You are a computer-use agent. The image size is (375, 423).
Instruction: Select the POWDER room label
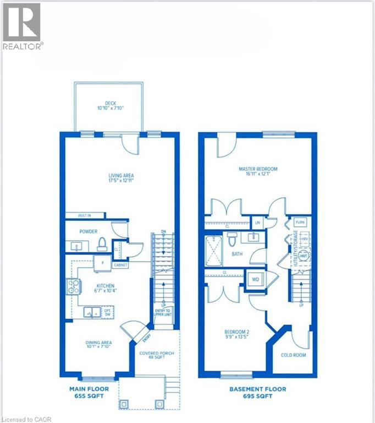click(x=88, y=232)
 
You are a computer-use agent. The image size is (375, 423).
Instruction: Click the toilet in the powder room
click(x=102, y=243)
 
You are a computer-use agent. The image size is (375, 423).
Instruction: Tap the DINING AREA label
click(x=99, y=346)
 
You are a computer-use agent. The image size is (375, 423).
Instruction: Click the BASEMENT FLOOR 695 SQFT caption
click(x=258, y=392)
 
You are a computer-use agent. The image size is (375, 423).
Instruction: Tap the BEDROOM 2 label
click(x=237, y=334)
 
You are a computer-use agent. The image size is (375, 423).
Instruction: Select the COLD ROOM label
click(x=293, y=355)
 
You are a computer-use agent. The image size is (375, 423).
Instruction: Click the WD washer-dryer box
click(x=256, y=279)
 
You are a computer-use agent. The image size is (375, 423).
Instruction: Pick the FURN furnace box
click(x=300, y=222)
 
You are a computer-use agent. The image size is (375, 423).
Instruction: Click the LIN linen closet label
click(x=257, y=223)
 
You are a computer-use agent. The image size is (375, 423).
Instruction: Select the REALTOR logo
click(x=22, y=26)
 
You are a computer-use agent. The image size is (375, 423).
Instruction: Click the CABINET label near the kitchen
click(x=120, y=265)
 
